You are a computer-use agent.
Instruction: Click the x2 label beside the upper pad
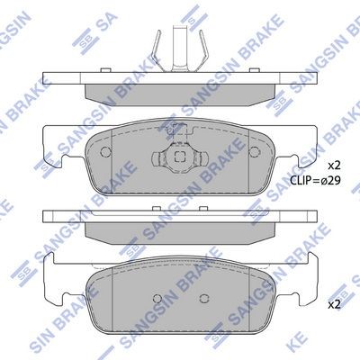tap(333, 166)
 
